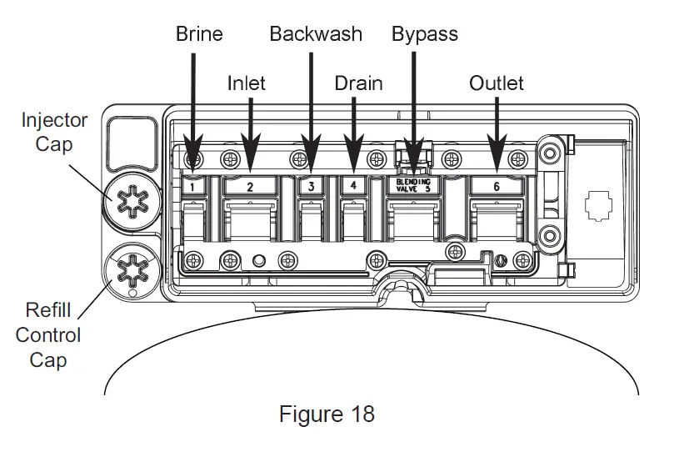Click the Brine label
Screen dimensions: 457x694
(x=199, y=34)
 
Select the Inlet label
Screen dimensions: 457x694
(x=247, y=83)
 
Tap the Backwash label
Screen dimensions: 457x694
(x=316, y=34)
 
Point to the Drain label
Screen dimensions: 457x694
(x=358, y=83)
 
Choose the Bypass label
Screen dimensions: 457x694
(x=424, y=34)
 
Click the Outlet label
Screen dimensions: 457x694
(x=497, y=83)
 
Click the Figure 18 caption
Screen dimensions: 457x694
(x=327, y=414)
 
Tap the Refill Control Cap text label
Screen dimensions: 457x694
(x=48, y=335)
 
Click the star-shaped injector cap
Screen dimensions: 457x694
(x=132, y=201)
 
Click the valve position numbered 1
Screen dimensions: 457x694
(x=192, y=187)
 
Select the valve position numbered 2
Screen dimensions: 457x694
(x=250, y=187)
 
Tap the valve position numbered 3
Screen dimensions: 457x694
(x=311, y=187)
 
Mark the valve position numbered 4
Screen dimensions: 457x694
(x=353, y=187)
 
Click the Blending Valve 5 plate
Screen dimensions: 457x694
(x=413, y=185)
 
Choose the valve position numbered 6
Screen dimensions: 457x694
(x=497, y=187)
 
